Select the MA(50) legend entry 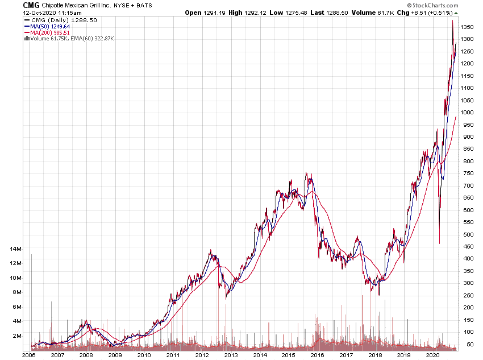[x=50, y=26]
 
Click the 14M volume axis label [x=15, y=249]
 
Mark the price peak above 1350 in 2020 [x=452, y=21]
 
